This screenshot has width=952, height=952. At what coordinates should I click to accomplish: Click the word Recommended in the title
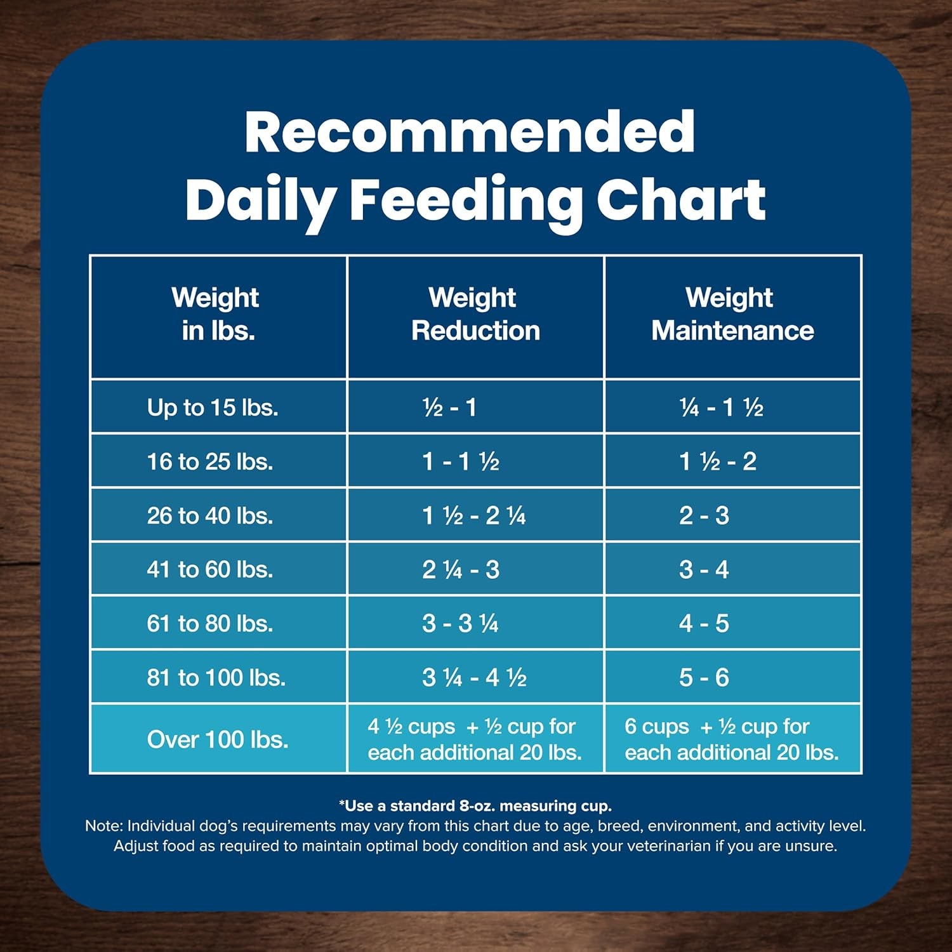(x=470, y=131)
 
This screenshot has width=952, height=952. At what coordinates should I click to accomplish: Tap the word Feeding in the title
(x=466, y=200)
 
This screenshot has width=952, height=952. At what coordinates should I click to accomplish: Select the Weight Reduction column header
(x=475, y=314)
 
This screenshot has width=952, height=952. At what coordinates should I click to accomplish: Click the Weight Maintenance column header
(x=732, y=314)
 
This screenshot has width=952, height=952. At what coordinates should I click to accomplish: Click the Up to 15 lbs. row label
(x=212, y=407)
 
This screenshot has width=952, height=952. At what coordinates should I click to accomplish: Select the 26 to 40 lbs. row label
(x=209, y=515)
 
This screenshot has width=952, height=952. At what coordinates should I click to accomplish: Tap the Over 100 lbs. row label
(x=217, y=739)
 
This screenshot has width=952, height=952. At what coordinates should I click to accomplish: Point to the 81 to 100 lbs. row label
(x=216, y=678)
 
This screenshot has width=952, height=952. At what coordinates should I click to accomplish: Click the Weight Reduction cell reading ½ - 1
(x=449, y=407)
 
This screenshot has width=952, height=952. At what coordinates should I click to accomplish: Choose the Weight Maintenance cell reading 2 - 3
(x=704, y=515)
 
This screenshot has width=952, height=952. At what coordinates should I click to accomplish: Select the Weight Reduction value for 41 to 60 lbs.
(x=461, y=570)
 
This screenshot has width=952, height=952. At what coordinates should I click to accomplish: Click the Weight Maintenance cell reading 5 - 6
(x=704, y=678)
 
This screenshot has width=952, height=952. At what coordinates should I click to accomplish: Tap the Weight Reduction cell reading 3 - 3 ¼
(x=461, y=624)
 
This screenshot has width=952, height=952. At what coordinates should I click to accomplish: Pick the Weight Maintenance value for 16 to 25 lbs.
(x=717, y=461)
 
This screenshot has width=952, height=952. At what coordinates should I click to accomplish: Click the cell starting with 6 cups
(x=731, y=739)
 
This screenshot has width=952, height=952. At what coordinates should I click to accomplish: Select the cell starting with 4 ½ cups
(x=474, y=739)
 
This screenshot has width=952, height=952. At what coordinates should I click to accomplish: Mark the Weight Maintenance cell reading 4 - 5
(x=704, y=624)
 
